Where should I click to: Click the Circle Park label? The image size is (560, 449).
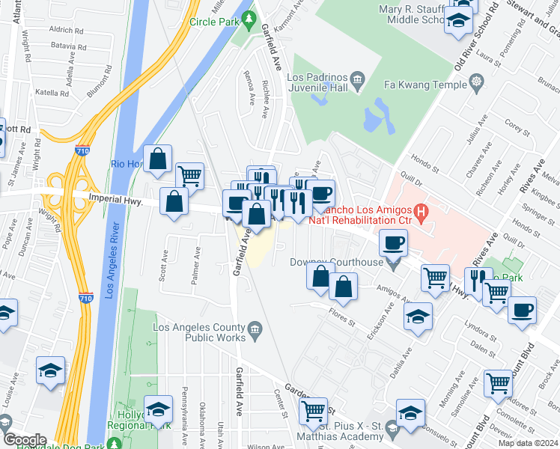213,22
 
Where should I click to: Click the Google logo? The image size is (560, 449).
25,439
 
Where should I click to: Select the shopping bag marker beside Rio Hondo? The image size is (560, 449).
158,159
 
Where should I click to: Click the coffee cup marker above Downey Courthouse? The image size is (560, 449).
393,242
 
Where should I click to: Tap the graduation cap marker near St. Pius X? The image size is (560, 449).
410,412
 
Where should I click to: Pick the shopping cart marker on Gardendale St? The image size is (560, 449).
313,410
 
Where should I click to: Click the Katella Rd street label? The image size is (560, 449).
52,93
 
